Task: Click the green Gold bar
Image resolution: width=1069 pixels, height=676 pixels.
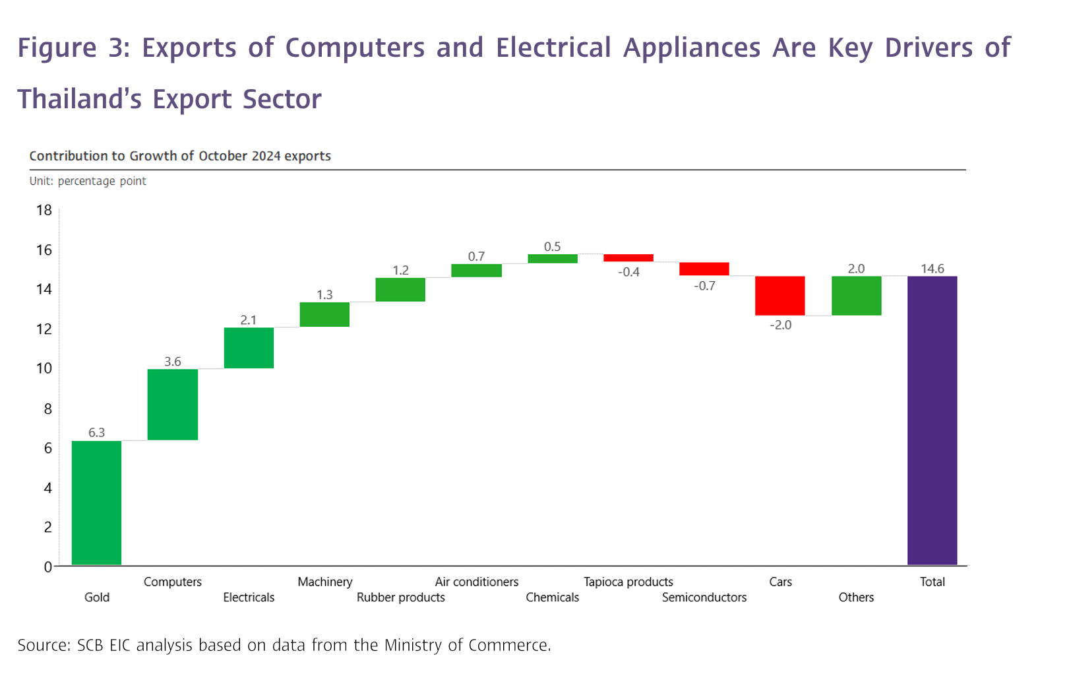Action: (x=96, y=502)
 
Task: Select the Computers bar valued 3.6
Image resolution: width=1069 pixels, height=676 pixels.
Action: (x=173, y=404)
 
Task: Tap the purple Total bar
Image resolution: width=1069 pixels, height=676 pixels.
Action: (x=932, y=420)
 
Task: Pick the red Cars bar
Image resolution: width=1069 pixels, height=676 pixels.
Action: (x=779, y=295)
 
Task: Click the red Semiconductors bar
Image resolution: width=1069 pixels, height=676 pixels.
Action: (x=704, y=269)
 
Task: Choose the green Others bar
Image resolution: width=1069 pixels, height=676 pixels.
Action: (x=856, y=295)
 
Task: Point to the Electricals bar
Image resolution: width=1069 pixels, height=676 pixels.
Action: (x=249, y=347)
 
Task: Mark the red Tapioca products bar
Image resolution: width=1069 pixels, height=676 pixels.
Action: (x=628, y=258)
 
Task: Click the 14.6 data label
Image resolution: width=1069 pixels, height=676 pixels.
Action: (x=932, y=269)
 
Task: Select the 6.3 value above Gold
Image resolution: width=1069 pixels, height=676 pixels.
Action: (x=96, y=432)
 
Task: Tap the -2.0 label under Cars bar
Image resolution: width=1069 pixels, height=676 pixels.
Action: (x=780, y=325)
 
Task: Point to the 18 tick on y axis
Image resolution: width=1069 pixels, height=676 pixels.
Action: (x=44, y=211)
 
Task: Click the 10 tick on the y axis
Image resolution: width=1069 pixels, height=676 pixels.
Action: (x=44, y=368)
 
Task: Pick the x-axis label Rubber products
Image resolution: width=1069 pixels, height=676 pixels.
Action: (x=400, y=597)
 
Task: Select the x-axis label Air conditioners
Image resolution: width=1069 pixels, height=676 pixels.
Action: (x=476, y=582)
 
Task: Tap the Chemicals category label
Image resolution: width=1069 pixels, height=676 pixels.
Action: (x=552, y=597)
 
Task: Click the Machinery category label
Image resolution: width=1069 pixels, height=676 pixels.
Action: (x=324, y=582)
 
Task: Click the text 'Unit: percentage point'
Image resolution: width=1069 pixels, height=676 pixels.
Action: (x=88, y=181)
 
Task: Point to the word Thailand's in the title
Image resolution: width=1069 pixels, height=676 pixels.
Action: (x=79, y=99)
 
